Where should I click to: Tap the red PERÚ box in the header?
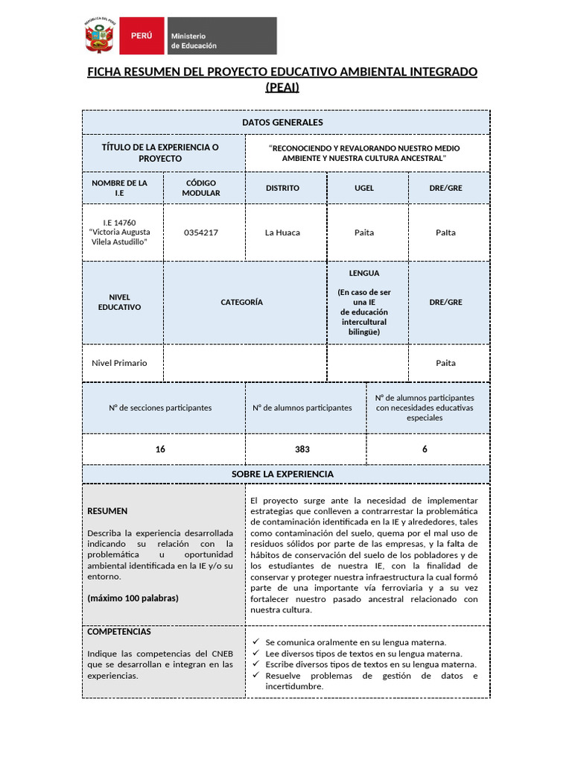142,36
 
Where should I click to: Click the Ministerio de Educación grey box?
220,36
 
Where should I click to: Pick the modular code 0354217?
201,232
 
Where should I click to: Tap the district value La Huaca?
282,232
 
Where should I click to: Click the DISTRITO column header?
282,188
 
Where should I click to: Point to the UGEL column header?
364,188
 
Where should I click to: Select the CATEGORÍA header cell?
241,302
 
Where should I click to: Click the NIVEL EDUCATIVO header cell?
119,302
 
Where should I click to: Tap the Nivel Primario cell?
119,363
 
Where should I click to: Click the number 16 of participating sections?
160,449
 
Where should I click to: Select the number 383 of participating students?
302,449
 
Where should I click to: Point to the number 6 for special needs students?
425,449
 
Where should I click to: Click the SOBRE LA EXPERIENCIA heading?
282,474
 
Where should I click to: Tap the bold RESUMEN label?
107,511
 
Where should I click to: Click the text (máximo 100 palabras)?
133,598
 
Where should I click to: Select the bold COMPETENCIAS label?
119,632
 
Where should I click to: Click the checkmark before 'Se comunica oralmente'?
255,642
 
